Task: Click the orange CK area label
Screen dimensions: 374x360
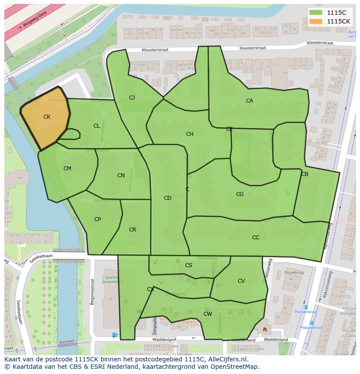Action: [47, 117]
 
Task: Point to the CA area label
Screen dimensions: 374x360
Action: [250, 101]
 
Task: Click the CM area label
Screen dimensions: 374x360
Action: [67, 169]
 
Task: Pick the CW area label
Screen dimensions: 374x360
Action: [208, 314]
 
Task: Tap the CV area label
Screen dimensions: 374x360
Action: [241, 281]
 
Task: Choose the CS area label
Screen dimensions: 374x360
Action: [189, 265]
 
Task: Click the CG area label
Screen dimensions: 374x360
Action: [240, 194]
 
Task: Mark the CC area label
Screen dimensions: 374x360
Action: [256, 238]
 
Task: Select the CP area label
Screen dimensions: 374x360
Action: [97, 219]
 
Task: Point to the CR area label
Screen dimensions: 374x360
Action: [133, 230]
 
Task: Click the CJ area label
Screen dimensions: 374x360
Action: [132, 98]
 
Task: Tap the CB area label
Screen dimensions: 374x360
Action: [305, 174]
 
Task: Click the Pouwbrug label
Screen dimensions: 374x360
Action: [293, 272]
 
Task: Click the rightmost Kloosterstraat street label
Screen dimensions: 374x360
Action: [320, 43]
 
